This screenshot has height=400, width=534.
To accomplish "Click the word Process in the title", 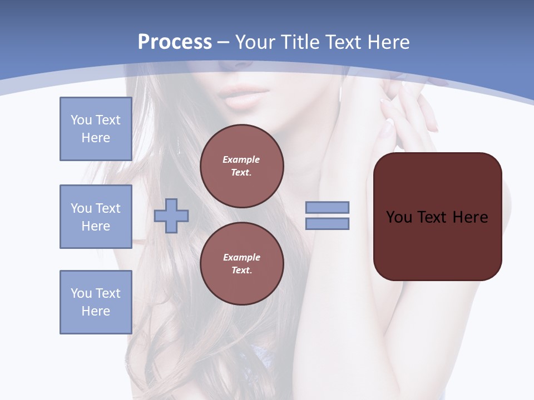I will [x=175, y=42].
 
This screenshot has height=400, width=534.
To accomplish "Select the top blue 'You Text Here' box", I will [x=96, y=129].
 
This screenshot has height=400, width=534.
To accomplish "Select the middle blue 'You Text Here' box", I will [x=96, y=217].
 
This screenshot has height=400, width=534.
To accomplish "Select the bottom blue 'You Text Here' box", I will [x=96, y=302].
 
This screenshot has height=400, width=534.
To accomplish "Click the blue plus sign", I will [x=171, y=216].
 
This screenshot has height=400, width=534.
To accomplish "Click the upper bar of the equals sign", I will [x=327, y=207].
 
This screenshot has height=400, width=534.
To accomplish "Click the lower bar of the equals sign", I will [x=327, y=223].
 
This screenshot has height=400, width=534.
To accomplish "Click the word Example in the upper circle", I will [x=241, y=159].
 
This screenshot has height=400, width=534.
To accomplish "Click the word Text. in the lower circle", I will [x=241, y=270].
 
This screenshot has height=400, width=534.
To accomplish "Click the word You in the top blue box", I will [x=81, y=120].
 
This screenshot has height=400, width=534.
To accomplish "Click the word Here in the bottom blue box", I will [x=96, y=311].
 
